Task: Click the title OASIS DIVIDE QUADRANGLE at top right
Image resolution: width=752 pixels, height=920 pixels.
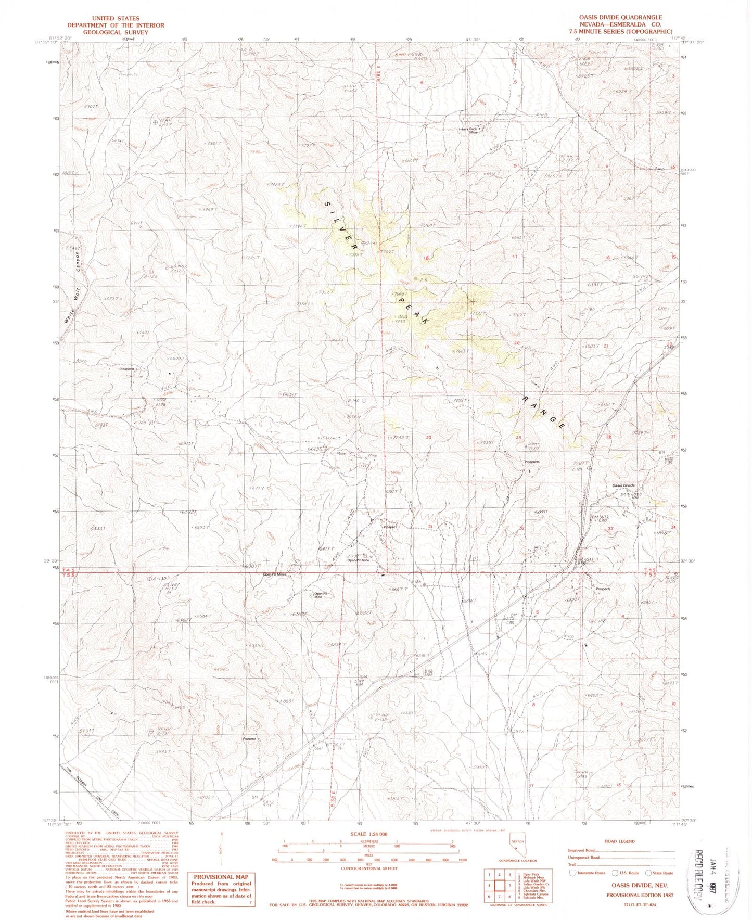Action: (x=620, y=17)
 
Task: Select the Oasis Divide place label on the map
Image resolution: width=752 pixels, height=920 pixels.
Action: (x=623, y=485)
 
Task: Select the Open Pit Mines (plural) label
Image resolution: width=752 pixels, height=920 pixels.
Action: (x=275, y=574)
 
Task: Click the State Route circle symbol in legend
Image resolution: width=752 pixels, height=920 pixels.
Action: (x=648, y=873)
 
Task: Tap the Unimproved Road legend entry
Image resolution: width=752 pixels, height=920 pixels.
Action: (x=583, y=857)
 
